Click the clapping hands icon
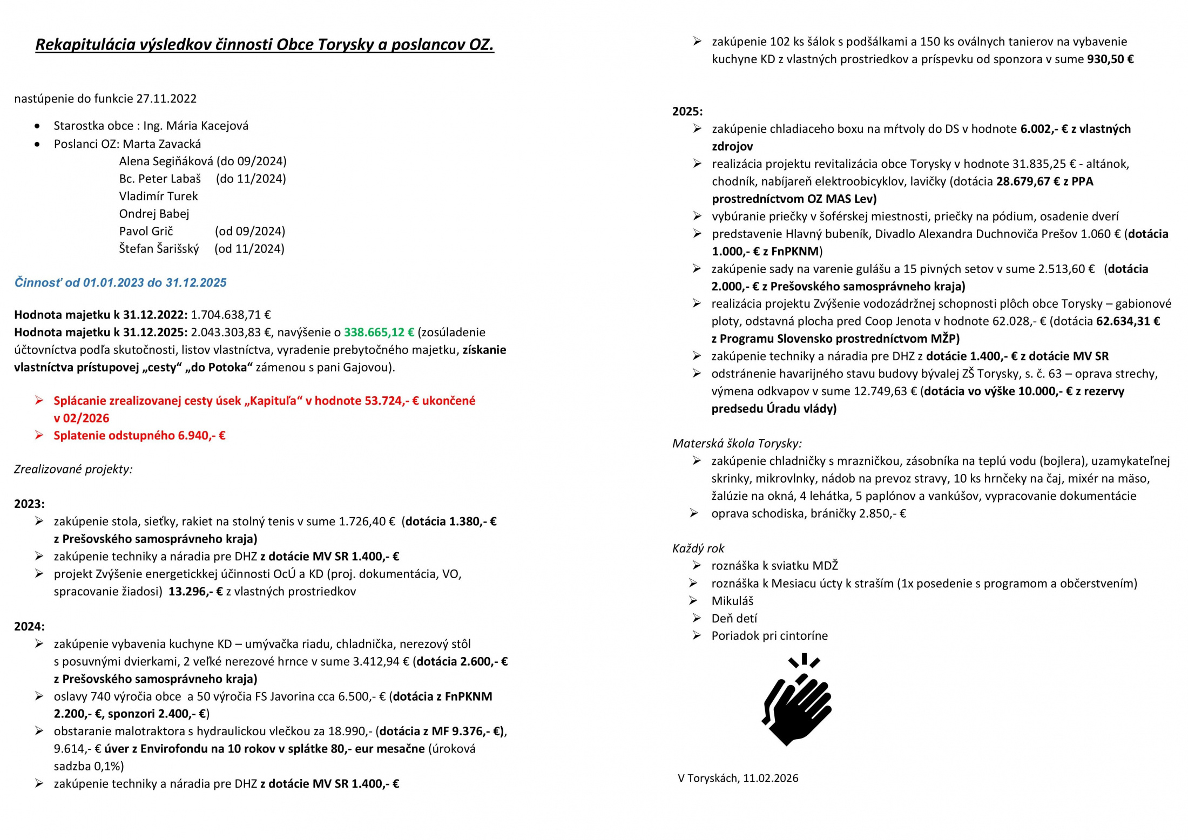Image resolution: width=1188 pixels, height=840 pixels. (x=797, y=700)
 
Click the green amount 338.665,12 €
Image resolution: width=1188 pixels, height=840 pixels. (x=379, y=332)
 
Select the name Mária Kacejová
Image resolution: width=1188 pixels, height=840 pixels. (x=207, y=126)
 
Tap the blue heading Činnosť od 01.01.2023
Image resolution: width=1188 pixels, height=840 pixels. (x=120, y=282)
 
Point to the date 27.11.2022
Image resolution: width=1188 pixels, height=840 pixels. (x=166, y=99)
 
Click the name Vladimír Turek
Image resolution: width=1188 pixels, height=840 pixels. (x=158, y=196)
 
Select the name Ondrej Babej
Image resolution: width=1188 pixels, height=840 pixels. (x=154, y=214)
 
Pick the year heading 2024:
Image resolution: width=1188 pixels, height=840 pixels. (x=29, y=626)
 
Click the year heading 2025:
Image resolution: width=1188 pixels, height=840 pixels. (x=687, y=111)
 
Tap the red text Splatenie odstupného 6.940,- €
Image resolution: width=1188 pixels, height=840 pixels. (x=139, y=436)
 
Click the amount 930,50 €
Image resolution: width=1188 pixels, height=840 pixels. (x=1110, y=59)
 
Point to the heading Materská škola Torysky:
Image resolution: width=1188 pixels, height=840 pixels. (x=737, y=443)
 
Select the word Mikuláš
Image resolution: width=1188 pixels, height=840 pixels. (x=732, y=601)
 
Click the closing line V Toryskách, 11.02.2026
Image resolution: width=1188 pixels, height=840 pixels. (x=738, y=778)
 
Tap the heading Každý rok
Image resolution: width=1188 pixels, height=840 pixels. (x=698, y=548)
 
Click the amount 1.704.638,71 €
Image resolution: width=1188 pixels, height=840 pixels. (x=231, y=315)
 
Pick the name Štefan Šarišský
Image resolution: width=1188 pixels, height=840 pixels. (x=159, y=249)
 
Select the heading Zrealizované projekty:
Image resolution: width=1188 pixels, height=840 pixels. (x=73, y=469)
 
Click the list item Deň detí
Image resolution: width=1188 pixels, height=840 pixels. (x=734, y=618)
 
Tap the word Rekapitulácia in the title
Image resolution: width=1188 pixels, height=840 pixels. (x=85, y=44)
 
